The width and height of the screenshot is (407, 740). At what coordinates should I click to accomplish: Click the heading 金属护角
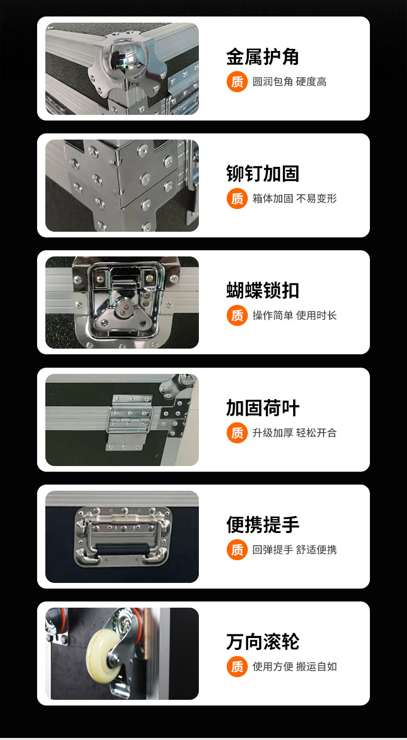263,57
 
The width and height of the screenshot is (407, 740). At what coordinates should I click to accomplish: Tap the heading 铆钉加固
263,174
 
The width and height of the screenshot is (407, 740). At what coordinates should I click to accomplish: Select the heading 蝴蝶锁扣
263,290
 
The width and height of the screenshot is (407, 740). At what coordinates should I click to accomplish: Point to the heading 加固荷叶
263,408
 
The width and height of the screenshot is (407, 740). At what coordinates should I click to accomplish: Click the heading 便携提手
263,525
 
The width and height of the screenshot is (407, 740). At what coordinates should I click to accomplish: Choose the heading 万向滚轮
263,642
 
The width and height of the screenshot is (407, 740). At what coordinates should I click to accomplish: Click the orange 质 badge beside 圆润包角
237,81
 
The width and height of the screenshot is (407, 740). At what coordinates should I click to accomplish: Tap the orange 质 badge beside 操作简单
237,315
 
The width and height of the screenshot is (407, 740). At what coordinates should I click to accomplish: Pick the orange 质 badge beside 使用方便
237,666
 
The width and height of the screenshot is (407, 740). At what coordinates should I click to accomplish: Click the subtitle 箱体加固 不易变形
294,199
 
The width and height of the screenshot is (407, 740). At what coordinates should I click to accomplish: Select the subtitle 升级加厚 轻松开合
294,433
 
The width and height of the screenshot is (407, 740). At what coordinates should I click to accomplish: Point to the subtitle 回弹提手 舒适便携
294,550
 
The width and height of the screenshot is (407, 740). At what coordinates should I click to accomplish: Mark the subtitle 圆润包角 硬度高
289,82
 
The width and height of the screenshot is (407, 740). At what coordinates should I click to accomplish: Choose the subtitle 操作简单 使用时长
294,316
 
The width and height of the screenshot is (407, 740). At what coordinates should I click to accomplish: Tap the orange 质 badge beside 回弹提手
237,549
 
